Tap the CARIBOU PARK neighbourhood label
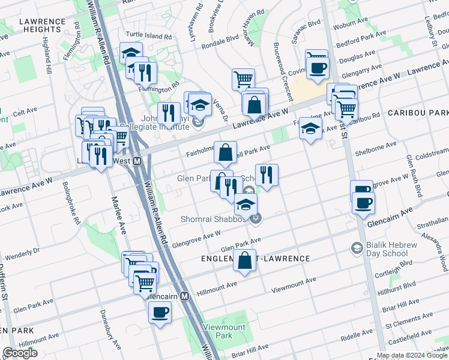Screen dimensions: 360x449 pos(418,113)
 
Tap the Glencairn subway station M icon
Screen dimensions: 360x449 pos(185,296)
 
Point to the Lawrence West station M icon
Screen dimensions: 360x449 pos(137,161)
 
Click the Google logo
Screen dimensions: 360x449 pos(20,353)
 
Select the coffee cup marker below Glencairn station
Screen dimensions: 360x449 pos(160,312)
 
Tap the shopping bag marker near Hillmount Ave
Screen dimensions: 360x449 pos(244,261)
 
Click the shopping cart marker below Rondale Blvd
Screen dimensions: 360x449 pos(243,79)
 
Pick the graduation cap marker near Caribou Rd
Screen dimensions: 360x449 pos(310,128)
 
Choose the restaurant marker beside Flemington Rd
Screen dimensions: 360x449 pos(145,73)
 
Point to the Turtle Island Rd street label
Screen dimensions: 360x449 pos(148,36)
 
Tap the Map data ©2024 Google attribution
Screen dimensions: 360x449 pos(412,355)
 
